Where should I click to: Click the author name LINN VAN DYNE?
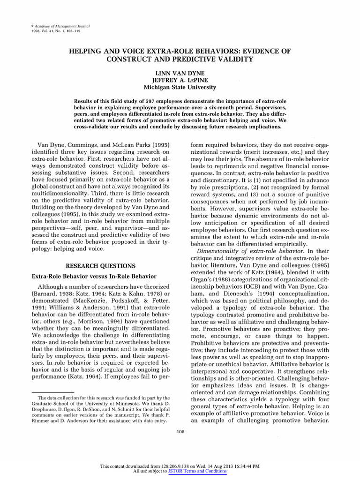[180, 73]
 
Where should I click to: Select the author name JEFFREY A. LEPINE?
[180, 80]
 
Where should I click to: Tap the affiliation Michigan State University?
[180, 87]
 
